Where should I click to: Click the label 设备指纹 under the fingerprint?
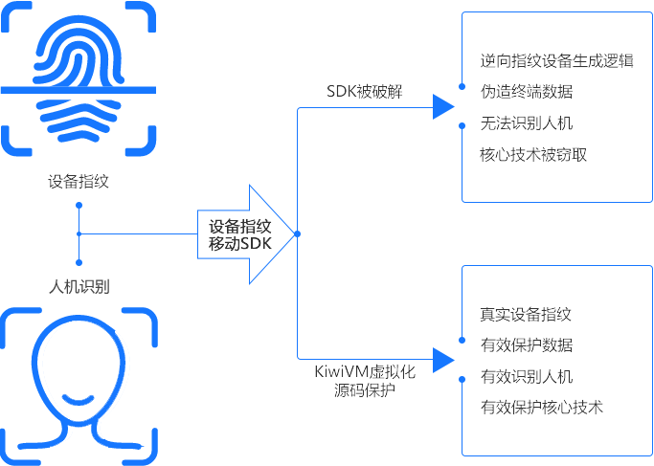click(x=79, y=181)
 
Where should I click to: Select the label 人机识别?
click(x=79, y=285)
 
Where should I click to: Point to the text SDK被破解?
click(x=364, y=92)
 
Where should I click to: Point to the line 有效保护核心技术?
click(x=541, y=407)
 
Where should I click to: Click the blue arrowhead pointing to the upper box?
click(x=441, y=107)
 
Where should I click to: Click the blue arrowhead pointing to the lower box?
click(x=441, y=360)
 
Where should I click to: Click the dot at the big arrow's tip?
click(x=298, y=234)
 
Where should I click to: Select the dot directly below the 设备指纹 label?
click(x=79, y=205)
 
